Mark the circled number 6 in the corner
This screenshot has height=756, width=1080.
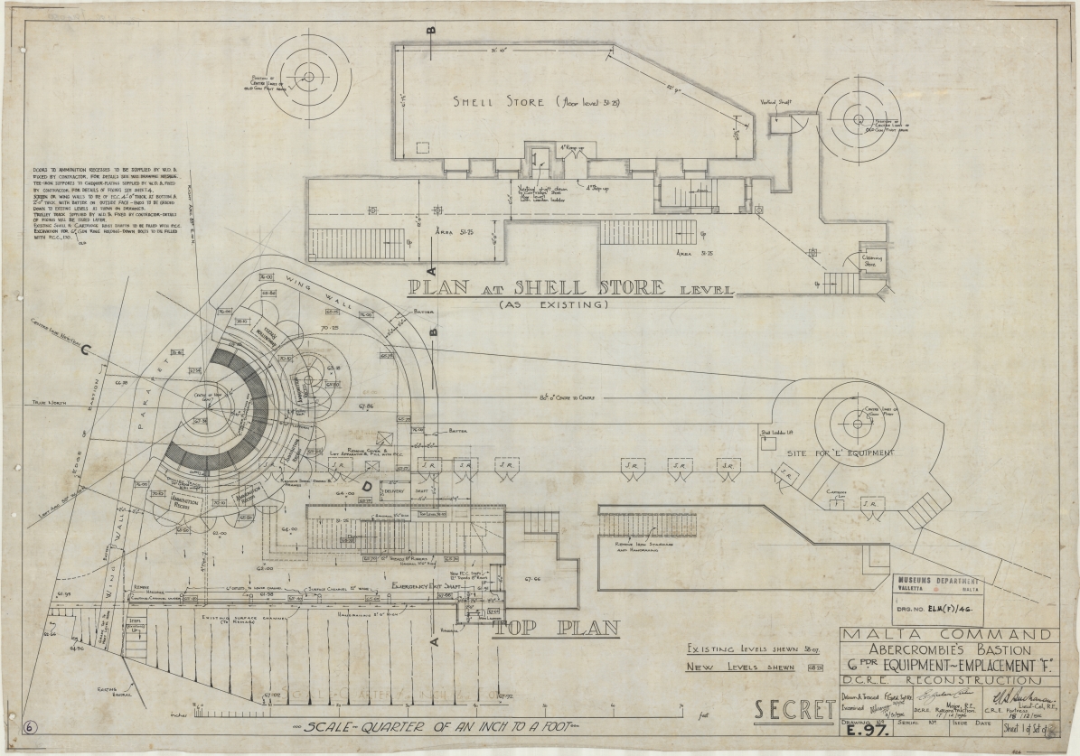tap(30, 727)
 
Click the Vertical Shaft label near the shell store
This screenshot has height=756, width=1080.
tap(775, 102)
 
